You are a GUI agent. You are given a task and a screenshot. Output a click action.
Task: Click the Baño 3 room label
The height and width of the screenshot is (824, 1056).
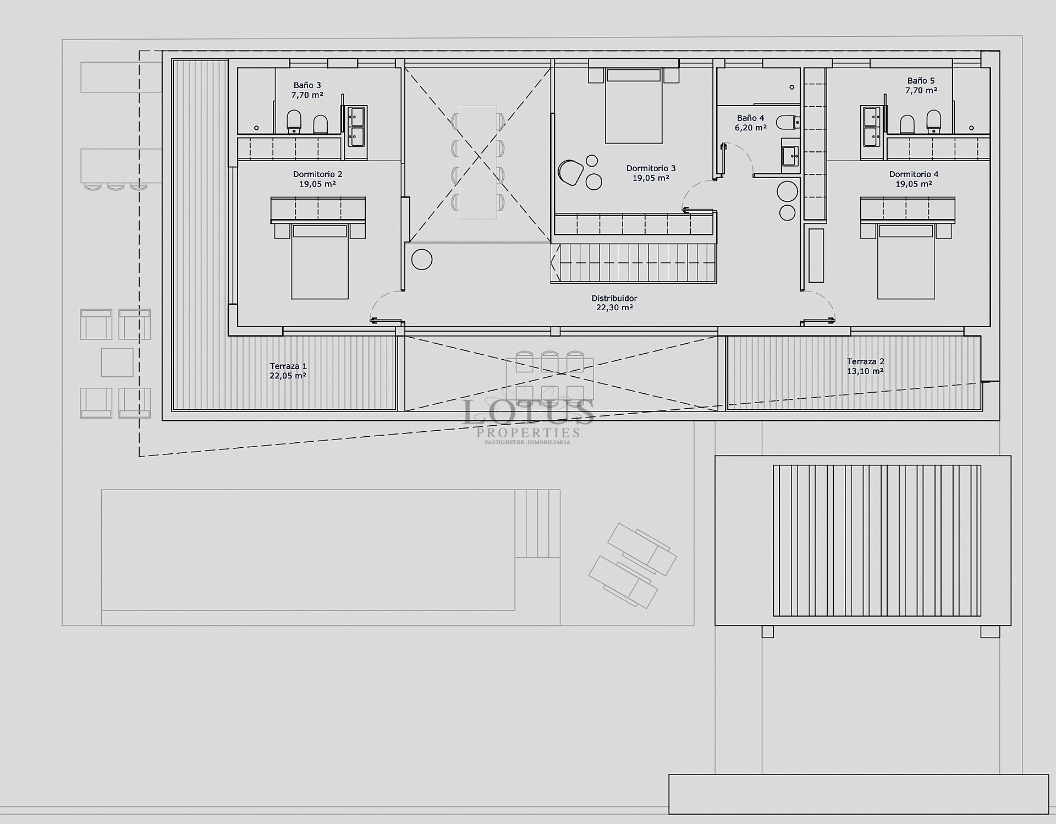[307, 85]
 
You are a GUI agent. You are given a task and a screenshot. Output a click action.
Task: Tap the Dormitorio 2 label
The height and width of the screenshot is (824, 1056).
[317, 174]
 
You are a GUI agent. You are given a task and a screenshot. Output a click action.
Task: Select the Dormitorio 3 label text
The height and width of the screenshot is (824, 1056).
[651, 168]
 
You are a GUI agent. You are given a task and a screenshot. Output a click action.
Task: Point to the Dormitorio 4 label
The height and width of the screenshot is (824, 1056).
[914, 174]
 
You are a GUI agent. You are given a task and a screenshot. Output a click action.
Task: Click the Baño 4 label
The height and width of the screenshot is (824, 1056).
[750, 118]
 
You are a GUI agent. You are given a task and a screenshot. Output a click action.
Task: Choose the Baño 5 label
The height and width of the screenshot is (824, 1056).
[921, 81]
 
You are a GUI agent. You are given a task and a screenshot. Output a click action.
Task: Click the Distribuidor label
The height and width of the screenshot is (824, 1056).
[614, 298]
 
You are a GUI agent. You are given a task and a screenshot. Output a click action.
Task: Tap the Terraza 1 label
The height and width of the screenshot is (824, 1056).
[288, 366]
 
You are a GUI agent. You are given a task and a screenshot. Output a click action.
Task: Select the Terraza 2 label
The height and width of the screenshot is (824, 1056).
[865, 361]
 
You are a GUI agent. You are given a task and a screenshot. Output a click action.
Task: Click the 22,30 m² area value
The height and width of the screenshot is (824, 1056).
[614, 308]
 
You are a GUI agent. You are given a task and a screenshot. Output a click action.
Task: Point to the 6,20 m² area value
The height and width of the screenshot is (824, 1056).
[750, 128]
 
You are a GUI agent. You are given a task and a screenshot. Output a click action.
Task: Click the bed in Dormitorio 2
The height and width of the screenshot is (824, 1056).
[320, 261]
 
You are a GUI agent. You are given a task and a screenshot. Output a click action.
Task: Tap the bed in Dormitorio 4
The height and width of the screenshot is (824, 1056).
[905, 261]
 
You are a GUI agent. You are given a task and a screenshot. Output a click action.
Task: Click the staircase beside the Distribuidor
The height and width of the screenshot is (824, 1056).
[634, 263]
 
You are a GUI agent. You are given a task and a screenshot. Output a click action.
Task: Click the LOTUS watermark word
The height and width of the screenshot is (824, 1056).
[528, 412]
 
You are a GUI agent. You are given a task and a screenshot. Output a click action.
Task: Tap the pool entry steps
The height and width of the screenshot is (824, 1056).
[537, 524]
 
